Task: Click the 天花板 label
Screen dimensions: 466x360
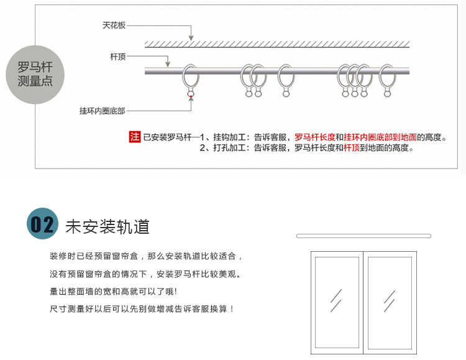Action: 114,25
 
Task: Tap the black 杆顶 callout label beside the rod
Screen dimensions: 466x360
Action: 118,57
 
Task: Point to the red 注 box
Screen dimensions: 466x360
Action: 135,137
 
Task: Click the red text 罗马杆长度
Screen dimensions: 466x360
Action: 314,137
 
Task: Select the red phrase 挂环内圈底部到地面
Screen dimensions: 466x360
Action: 380,137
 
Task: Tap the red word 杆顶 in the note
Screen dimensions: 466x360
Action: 352,148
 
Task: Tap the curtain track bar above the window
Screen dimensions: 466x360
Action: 363,236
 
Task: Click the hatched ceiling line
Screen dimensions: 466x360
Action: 277,44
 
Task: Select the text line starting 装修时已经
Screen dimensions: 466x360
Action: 146,256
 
